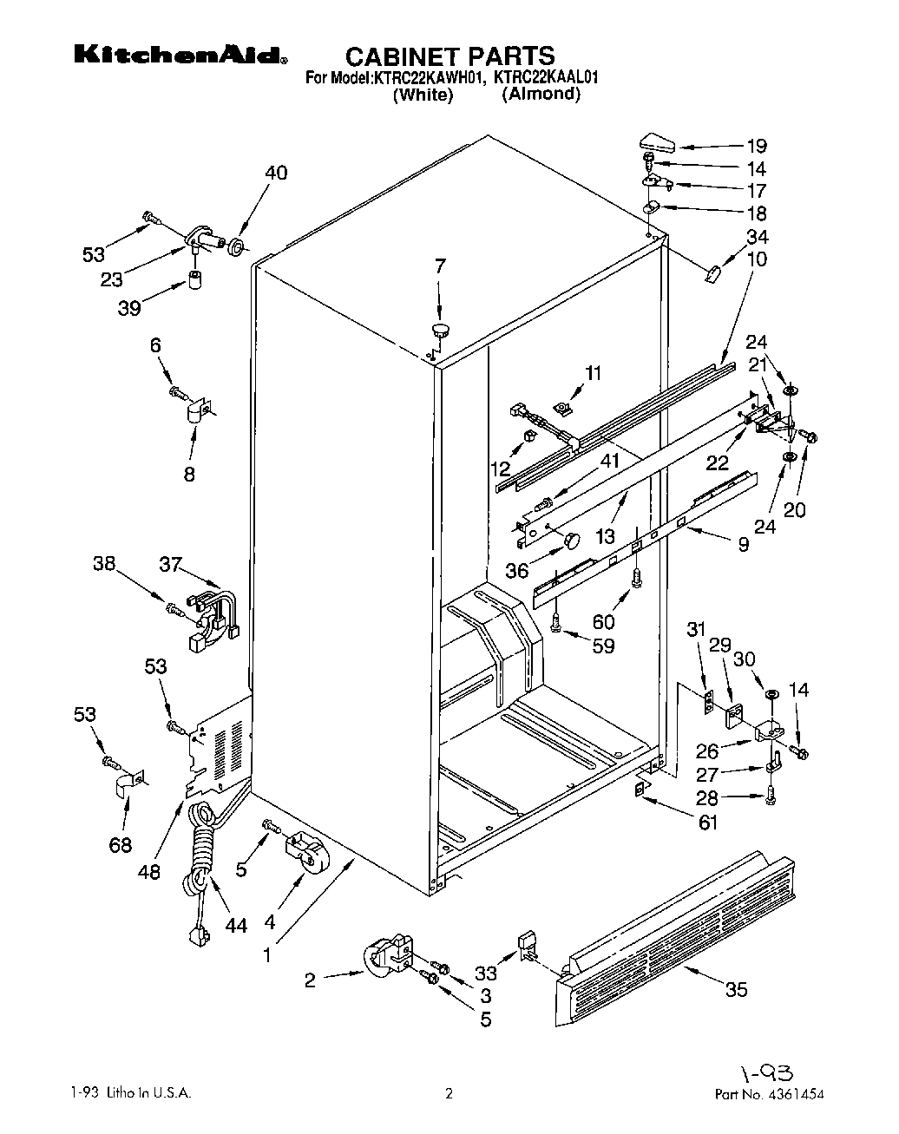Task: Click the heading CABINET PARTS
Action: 449,56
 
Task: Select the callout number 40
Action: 276,173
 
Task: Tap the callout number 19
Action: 757,147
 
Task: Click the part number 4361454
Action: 794,1095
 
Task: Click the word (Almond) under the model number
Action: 541,95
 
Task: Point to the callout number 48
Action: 149,870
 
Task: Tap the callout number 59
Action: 602,646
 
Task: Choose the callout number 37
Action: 170,565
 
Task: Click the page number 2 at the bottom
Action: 449,1095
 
